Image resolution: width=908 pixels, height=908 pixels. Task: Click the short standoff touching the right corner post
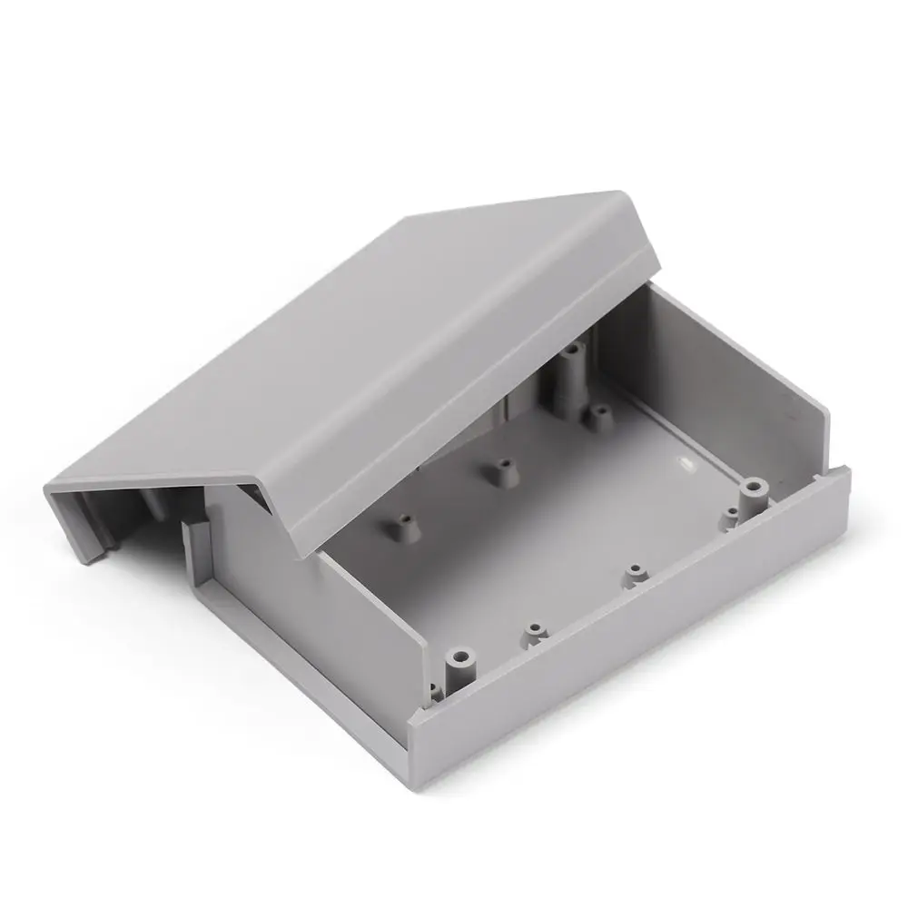732,518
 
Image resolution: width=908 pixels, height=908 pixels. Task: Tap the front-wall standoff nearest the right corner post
635,574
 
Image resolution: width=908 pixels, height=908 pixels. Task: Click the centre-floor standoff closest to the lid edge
498,471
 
